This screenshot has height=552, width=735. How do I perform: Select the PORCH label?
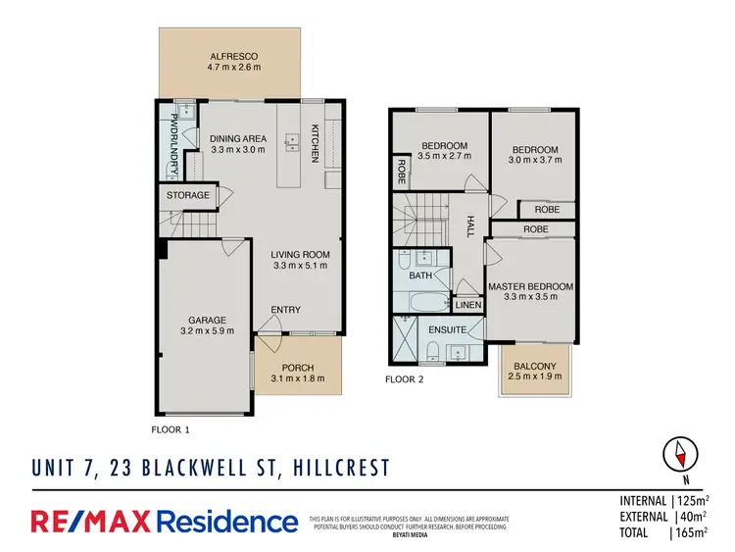[x=299, y=368]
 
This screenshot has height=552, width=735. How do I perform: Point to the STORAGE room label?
[x=187, y=195]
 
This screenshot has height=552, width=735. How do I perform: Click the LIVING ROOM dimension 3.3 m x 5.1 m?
[x=300, y=266]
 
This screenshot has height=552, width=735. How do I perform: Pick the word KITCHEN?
[x=316, y=143]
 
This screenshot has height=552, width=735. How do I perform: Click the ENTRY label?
[x=286, y=311]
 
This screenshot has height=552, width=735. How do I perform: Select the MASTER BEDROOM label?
[x=530, y=286]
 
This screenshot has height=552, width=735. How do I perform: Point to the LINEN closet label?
[x=469, y=305]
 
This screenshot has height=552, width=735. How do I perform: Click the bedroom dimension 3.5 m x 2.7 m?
[x=443, y=158]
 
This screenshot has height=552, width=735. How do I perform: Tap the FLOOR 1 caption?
[x=171, y=429]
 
